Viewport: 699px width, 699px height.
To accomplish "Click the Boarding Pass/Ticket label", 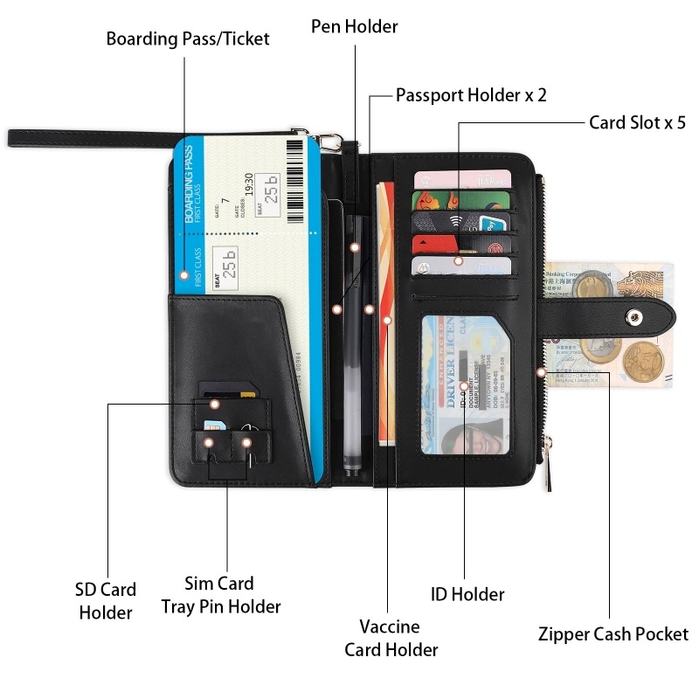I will tap(188, 39).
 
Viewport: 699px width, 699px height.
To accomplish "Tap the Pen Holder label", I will tap(354, 27).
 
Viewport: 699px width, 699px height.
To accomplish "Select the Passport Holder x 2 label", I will tap(471, 95).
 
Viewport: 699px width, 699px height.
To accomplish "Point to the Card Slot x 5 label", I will tap(637, 122).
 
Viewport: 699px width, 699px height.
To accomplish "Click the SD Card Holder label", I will tap(106, 601).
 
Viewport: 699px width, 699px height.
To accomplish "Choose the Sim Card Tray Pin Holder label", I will tap(221, 595).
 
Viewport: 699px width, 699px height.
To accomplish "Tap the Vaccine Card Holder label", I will tap(391, 638).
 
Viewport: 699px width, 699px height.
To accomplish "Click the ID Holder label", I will tap(467, 595).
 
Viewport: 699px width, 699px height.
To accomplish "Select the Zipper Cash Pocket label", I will tap(613, 635).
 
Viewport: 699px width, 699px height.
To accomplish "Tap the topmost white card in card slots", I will tap(462, 178).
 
